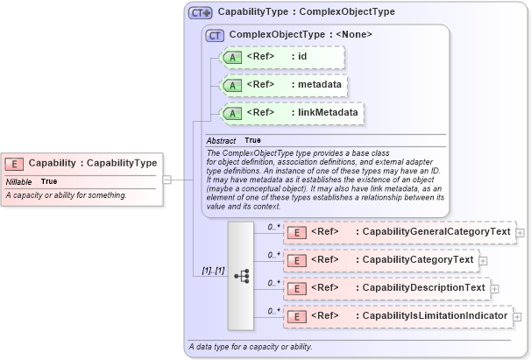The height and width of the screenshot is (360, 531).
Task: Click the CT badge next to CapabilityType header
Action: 201,13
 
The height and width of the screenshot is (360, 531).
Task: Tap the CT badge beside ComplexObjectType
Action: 215,36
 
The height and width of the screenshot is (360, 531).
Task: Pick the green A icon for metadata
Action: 232,85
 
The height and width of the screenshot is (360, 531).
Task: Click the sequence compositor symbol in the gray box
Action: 241,275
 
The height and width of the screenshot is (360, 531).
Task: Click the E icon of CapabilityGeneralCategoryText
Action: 297,232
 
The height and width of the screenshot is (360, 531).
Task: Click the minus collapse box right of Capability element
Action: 166,180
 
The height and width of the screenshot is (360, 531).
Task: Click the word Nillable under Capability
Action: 19,181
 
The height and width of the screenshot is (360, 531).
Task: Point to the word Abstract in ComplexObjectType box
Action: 222,140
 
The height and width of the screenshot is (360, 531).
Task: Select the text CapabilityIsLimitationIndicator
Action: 435,315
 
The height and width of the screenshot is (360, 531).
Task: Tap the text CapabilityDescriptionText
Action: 422,287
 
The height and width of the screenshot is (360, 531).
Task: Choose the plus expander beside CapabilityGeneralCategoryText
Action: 520,233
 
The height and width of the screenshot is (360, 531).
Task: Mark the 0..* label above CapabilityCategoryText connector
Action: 273,255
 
